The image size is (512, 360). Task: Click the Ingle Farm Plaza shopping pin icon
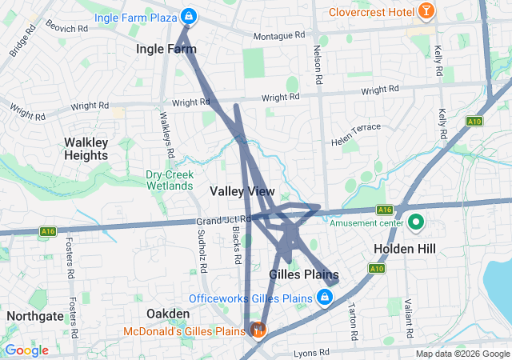(188, 15)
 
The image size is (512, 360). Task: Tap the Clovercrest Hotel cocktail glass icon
(427, 12)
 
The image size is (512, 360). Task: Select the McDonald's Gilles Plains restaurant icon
(258, 330)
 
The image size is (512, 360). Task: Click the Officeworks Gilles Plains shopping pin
(325, 298)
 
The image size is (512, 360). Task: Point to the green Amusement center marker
(416, 222)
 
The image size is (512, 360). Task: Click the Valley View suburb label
(242, 192)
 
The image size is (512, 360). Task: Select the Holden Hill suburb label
(405, 249)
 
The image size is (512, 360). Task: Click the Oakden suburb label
(167, 313)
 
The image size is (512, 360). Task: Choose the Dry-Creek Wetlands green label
(169, 180)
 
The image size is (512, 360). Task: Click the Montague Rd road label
(279, 37)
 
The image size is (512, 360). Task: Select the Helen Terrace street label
(356, 133)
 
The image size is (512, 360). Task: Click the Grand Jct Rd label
(224, 219)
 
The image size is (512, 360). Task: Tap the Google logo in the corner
(26, 350)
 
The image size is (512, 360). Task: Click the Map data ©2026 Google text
(462, 354)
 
